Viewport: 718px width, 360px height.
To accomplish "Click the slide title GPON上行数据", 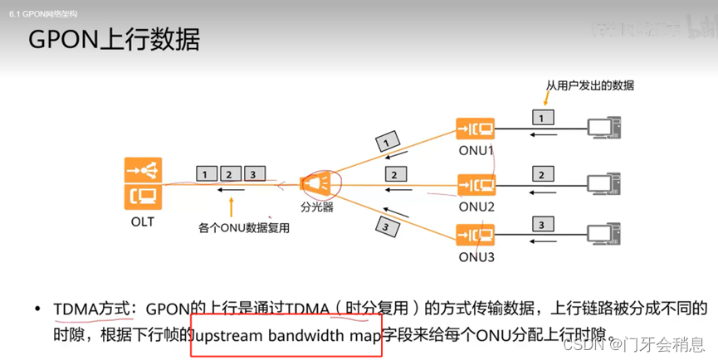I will point(114,40).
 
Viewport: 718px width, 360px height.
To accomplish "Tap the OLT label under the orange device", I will point(142,221).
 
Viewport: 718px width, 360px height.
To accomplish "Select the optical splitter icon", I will point(316,182).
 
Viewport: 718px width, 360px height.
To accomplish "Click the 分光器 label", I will point(316,207).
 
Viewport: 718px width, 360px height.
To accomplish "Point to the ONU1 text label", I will point(476,151).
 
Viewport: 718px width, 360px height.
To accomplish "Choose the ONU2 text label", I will point(476,206).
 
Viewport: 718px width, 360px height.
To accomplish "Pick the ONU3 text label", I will point(476,256).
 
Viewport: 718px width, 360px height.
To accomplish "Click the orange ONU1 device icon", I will point(475,129).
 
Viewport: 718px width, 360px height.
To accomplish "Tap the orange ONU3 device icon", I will point(475,234).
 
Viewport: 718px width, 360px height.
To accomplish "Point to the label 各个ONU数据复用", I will point(244,227).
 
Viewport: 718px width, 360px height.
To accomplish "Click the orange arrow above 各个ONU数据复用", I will point(232,206).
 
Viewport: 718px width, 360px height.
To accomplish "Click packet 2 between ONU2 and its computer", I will point(541,175).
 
